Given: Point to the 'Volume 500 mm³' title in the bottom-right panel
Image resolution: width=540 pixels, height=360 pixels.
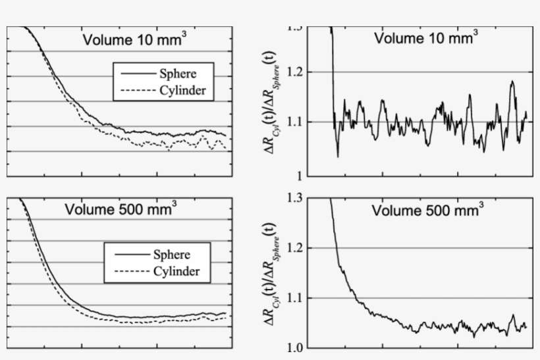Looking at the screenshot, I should coord(427,211).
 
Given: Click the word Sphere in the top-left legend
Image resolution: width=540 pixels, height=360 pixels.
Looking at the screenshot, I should coord(176,74).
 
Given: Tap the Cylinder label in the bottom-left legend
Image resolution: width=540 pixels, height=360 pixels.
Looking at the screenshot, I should coord(176,271).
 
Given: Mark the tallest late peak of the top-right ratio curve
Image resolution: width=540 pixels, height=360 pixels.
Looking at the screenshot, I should coord(512,82).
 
